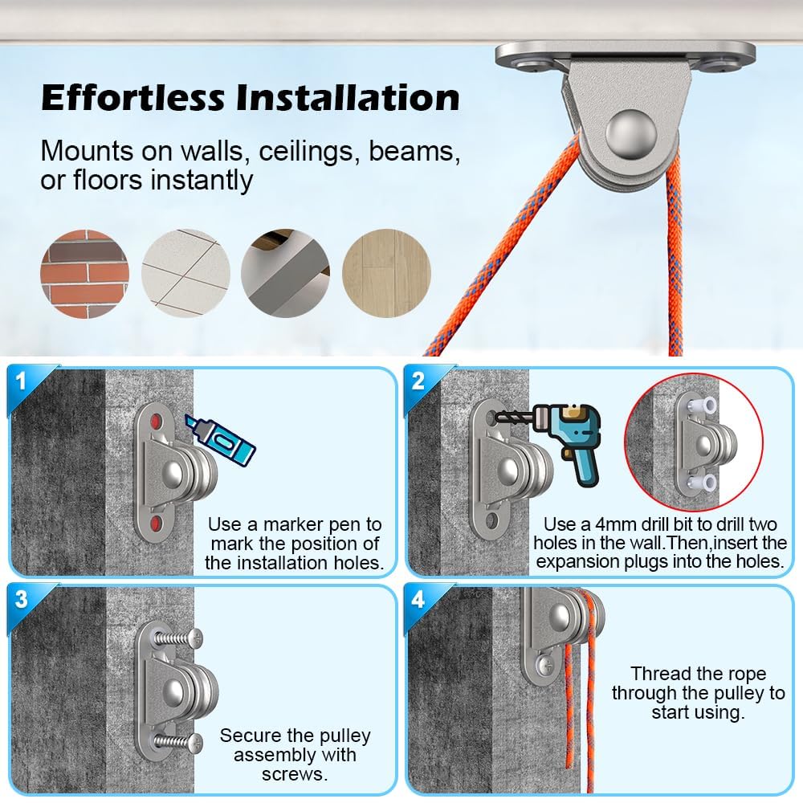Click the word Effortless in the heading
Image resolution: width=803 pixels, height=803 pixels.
[133, 97]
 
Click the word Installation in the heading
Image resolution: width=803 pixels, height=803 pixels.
[348, 97]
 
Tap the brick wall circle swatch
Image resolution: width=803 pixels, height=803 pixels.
[84, 274]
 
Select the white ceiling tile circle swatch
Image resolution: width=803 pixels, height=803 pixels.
[185, 274]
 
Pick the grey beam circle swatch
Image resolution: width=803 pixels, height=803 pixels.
[285, 274]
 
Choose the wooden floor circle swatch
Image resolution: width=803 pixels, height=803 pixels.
[387, 274]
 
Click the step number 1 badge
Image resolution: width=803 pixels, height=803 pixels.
[21, 381]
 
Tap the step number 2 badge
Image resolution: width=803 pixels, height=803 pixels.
[418, 381]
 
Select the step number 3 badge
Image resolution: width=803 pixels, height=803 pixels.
[21, 599]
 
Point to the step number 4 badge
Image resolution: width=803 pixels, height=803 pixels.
[418, 599]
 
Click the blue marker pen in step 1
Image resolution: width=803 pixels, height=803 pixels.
[220, 440]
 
